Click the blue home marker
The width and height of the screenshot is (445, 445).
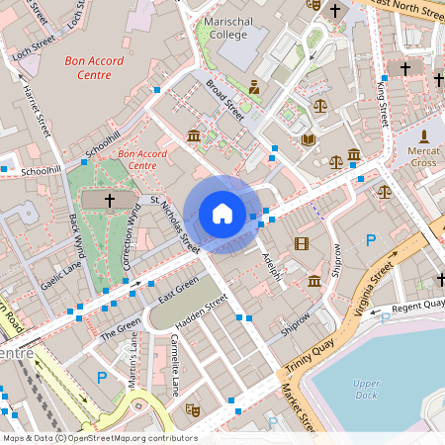pyautogui.click(x=222, y=214)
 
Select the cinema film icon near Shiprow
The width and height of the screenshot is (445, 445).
pyautogui.click(x=301, y=243)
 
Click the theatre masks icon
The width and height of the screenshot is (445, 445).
pyautogui.click(x=193, y=406)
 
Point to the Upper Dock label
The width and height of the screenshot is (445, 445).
pyautogui.click(x=366, y=389)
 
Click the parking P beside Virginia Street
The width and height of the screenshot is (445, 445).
pyautogui.click(x=371, y=240)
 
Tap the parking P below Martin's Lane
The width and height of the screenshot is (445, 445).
pyautogui.click(x=101, y=376)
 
